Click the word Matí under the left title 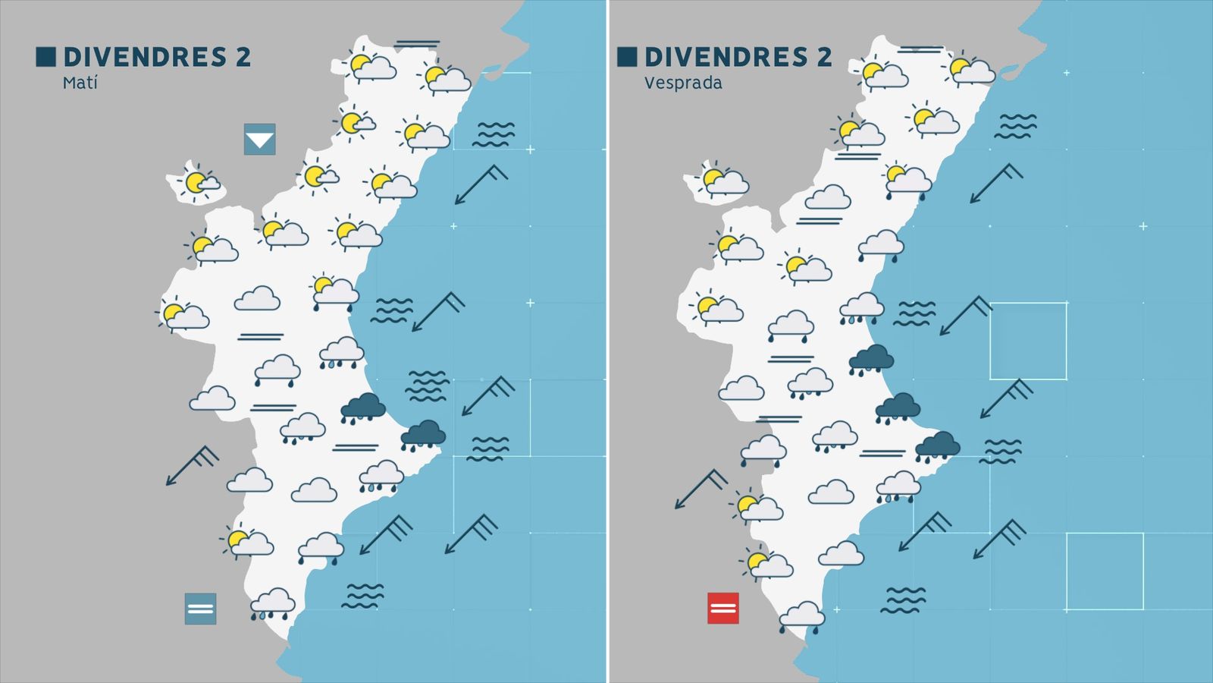click(80, 83)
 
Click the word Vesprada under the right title click(682, 83)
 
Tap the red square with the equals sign click(722, 608)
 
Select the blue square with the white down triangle click(259, 140)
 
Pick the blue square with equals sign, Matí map click(200, 609)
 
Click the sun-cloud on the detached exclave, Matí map click(199, 182)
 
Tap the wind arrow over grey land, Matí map click(192, 465)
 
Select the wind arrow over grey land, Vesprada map click(701, 489)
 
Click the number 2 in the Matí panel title click(243, 57)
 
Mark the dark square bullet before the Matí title click(45, 57)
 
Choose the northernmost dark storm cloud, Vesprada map click(871, 359)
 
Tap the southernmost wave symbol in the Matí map click(362, 596)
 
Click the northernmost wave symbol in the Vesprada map click(1015, 126)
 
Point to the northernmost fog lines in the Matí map click(417, 44)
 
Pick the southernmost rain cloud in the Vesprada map click(801, 616)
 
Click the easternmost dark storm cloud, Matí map click(423, 435)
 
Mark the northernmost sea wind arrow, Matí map click(481, 184)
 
